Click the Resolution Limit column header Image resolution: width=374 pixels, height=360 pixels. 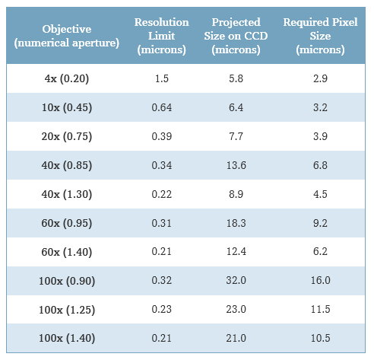pos(162,36)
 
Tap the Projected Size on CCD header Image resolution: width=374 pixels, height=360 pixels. pos(236,36)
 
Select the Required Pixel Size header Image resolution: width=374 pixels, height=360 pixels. pos(320,36)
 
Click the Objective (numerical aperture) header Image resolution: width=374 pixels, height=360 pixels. pos(67,36)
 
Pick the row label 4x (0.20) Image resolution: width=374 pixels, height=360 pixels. pos(67,78)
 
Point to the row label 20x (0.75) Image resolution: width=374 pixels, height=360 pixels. pos(67,136)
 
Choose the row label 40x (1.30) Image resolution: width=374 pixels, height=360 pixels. pos(67,194)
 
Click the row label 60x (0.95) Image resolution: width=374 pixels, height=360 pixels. pos(67,223)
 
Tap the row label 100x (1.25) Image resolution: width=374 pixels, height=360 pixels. pos(67,310)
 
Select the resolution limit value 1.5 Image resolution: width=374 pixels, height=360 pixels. pos(162,78)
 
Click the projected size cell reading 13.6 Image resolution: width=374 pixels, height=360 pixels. pos(236,165)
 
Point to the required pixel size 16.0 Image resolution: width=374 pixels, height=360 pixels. pos(321,280)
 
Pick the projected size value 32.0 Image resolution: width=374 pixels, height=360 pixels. pos(236,280)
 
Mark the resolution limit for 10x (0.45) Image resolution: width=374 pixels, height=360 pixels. pos(162,107)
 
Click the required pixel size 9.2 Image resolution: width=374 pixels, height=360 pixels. pos(320,223)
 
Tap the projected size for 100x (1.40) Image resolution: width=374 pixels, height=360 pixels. pos(236,338)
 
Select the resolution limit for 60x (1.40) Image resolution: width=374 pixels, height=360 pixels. pos(162,251)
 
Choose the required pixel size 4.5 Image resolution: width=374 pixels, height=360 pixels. pos(320,194)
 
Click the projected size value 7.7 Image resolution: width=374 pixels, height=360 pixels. pos(236,136)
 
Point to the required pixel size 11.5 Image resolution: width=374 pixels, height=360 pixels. pos(321,309)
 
